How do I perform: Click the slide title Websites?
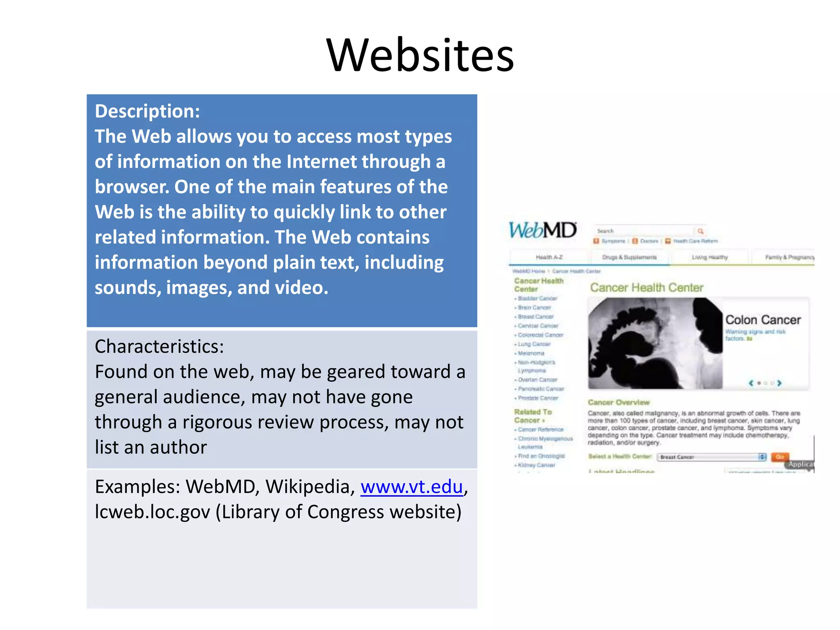pos(420,55)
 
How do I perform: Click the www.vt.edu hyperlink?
pos(411,487)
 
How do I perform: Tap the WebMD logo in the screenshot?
pos(542,230)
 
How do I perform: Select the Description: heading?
pos(147,112)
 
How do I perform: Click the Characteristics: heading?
pos(159,347)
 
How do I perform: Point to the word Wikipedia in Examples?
pos(310,487)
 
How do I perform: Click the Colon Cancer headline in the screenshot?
pos(762,320)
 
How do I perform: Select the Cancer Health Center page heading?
pos(646,288)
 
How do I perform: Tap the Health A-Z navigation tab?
pos(549,257)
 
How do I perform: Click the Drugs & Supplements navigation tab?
pos(629,257)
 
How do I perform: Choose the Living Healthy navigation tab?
pos(710,257)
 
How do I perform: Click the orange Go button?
pos(779,457)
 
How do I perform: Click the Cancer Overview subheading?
pos(619,402)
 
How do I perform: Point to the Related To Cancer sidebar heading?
pos(532,415)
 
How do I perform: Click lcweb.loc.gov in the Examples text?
pos(152,512)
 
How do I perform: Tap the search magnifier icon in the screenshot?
pos(700,231)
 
